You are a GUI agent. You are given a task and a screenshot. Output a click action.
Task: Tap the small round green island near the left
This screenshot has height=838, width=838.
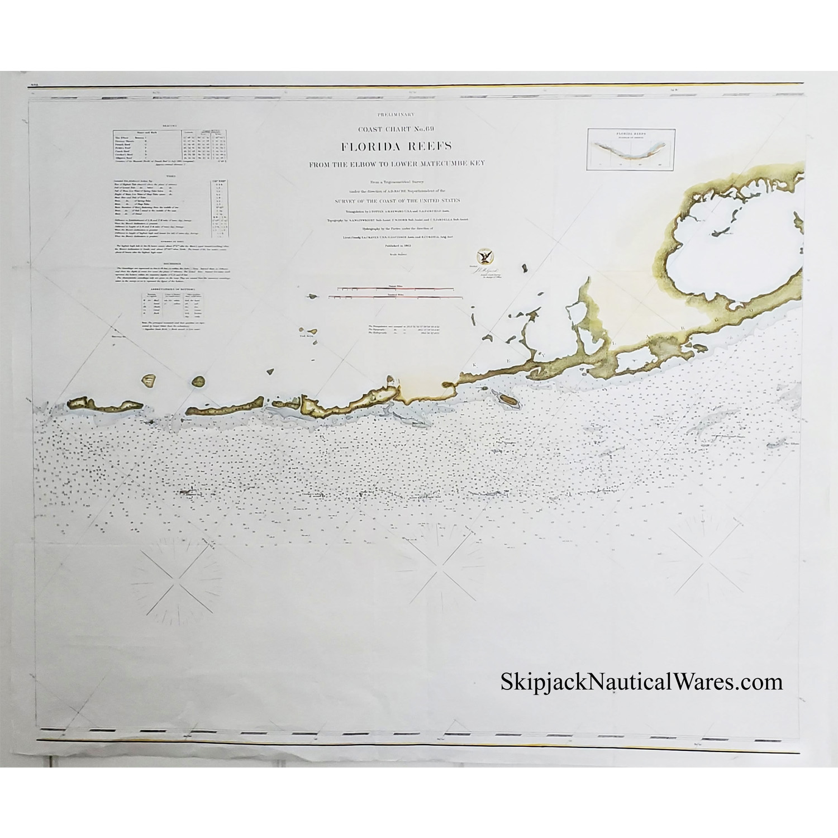coord(198,382)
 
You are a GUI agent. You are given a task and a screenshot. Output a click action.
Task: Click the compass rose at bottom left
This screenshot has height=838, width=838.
coord(179,576)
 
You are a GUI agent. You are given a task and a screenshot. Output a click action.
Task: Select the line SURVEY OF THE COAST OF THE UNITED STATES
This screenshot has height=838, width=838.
coord(397,201)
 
